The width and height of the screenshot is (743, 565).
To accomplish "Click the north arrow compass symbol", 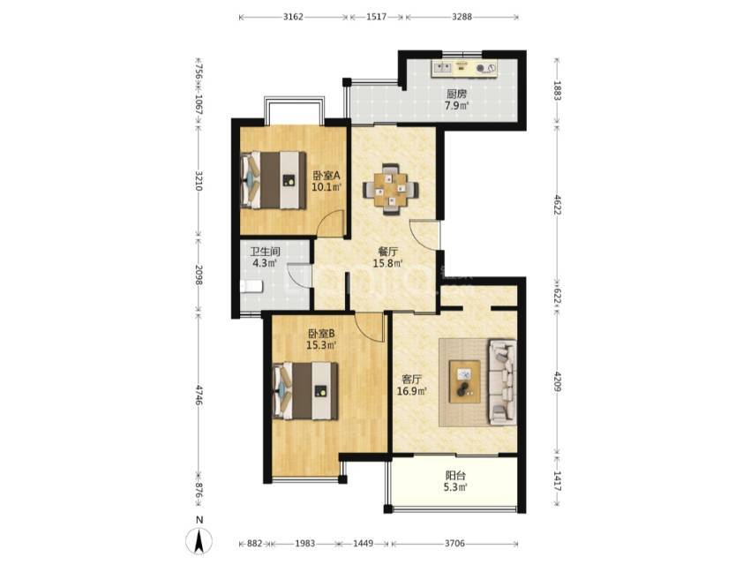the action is pyautogui.click(x=199, y=540).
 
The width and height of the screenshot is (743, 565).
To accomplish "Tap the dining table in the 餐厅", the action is pyautogui.click(x=391, y=189).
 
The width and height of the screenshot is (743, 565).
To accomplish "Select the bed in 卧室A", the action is pyautogui.click(x=274, y=179).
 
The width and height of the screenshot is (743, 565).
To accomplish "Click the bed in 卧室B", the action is pyautogui.click(x=305, y=391).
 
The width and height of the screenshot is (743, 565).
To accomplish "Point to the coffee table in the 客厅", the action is pyautogui.click(x=464, y=381).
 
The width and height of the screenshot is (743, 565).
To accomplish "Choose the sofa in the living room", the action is pyautogui.click(x=502, y=381).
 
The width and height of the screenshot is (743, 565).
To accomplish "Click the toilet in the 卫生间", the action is pyautogui.click(x=251, y=287).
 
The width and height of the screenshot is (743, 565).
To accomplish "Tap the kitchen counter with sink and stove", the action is pyautogui.click(x=464, y=68).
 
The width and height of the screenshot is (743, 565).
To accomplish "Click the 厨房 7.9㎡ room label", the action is pyautogui.click(x=456, y=100).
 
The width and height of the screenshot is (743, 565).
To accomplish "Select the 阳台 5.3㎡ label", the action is pyautogui.click(x=456, y=480).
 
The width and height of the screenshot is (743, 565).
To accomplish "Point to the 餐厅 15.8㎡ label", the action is pyautogui.click(x=387, y=258).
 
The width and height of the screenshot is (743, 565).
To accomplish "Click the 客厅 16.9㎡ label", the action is pyautogui.click(x=412, y=385).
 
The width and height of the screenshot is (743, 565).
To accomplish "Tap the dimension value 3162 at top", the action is pyautogui.click(x=293, y=17).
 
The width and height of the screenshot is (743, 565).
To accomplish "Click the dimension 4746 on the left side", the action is pyautogui.click(x=199, y=395).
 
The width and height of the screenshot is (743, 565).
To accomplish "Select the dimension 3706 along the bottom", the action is pyautogui.click(x=454, y=543).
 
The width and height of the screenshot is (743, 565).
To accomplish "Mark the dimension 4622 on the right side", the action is pyautogui.click(x=557, y=204).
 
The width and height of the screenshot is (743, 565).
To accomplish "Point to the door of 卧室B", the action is pyautogui.click(x=371, y=326).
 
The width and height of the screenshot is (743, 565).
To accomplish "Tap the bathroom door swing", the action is pyautogui.click(x=300, y=276).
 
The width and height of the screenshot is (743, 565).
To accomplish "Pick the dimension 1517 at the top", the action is pyautogui.click(x=376, y=17).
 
